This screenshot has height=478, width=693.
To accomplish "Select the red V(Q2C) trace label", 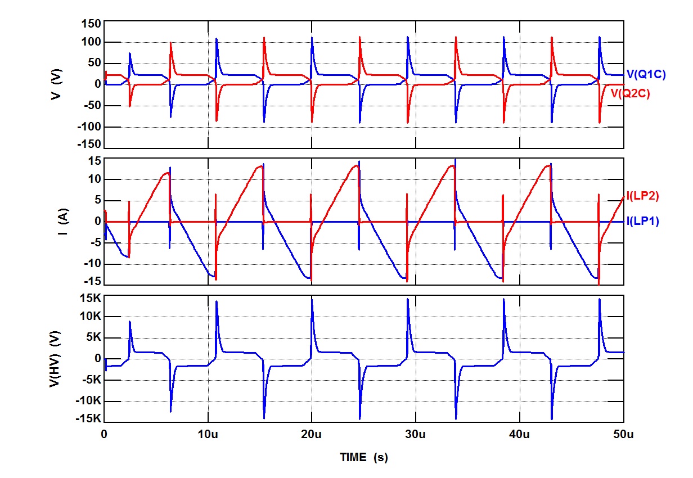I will [x=630, y=94].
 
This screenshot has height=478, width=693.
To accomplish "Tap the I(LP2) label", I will [x=642, y=196].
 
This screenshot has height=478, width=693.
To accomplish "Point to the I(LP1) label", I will [x=642, y=222].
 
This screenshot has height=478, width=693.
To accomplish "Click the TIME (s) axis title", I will [x=364, y=458].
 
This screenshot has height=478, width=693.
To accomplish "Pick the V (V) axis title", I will [x=56, y=84].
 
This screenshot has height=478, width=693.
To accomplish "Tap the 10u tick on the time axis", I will [x=208, y=435].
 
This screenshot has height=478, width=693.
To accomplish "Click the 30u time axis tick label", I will [x=416, y=435].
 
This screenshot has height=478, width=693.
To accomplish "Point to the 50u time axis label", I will [x=623, y=435].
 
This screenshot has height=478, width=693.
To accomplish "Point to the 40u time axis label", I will [x=519, y=435].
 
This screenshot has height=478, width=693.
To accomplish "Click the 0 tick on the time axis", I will [x=104, y=435].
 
